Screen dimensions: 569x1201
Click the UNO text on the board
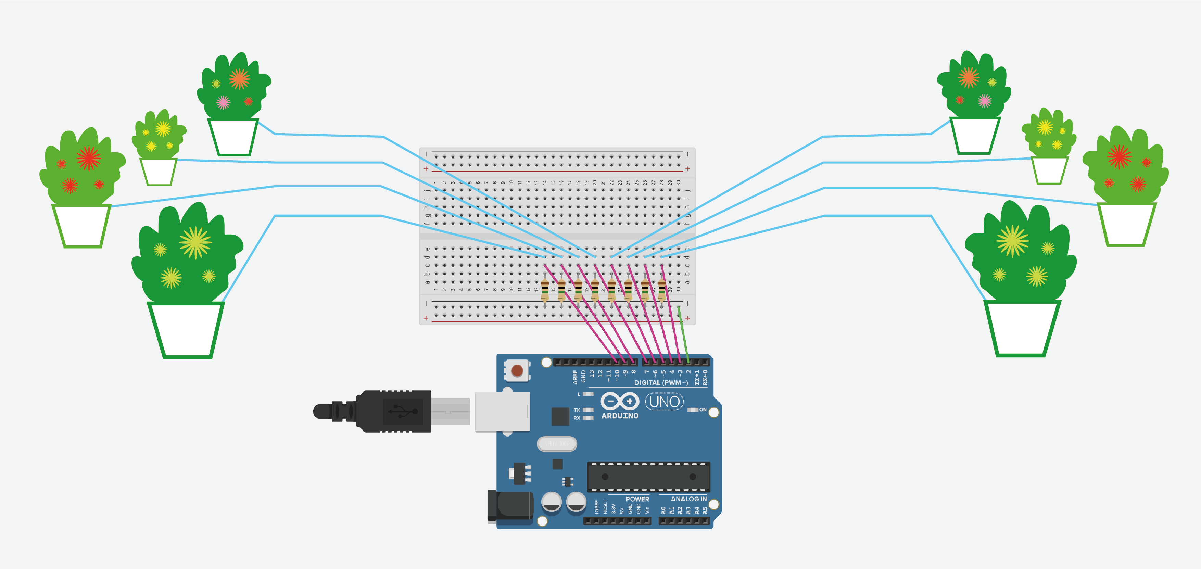tap(664, 402)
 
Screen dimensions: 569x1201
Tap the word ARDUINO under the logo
tap(620, 416)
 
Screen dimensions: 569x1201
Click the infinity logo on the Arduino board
tap(619, 401)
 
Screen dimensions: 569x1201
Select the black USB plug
tap(382, 411)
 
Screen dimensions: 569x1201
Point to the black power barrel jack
tap(510, 505)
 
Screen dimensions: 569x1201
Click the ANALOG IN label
tap(688, 499)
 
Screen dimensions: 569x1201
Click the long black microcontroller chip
tap(648, 477)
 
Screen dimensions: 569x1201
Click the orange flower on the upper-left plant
tap(239, 79)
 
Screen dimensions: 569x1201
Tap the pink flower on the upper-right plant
tap(984, 100)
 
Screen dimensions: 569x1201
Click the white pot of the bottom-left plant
tap(186, 329)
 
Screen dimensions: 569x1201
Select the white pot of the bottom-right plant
tap(1022, 328)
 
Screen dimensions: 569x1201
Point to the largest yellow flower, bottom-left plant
tap(195, 242)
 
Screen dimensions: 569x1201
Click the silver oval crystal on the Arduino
tap(557, 444)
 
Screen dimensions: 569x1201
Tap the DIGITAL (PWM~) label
tap(661, 383)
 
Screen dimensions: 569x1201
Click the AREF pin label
tap(575, 377)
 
